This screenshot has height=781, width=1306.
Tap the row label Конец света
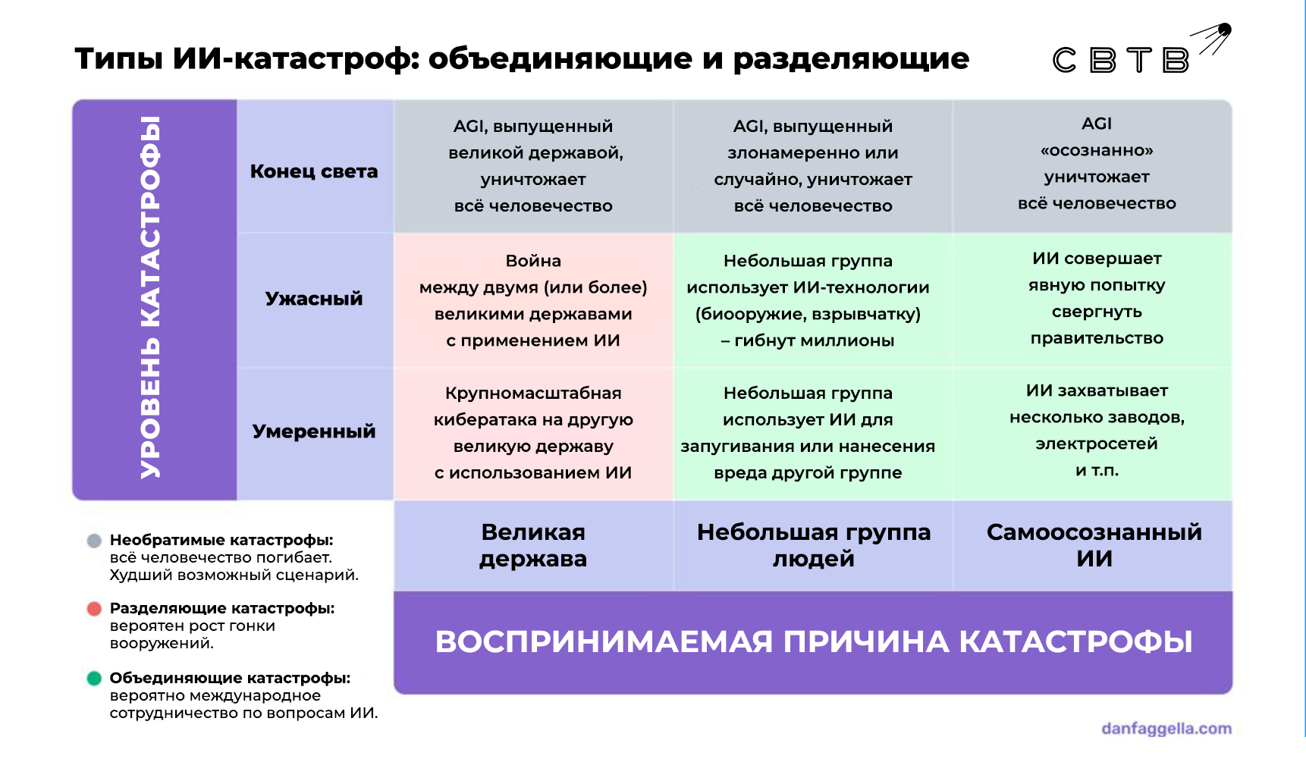314,171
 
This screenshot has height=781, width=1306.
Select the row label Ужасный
314,299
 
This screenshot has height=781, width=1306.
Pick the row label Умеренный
314,431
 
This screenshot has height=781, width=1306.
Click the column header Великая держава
533,545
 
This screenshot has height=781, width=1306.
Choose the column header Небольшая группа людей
814,545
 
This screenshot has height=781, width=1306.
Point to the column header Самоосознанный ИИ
1094,545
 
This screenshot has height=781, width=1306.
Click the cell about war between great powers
533,300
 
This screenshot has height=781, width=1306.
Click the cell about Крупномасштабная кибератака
533,432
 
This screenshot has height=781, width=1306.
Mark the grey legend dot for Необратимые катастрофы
94,541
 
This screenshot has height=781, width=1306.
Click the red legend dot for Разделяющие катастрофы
94,609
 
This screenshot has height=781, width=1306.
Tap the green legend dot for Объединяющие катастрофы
94,678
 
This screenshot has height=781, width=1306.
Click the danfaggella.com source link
1166,729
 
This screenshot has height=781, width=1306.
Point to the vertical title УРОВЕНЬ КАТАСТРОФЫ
150,297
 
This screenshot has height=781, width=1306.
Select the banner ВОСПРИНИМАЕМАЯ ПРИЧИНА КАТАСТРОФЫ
814,641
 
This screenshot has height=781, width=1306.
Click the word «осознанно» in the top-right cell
1097,150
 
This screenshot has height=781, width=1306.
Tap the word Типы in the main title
118,58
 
